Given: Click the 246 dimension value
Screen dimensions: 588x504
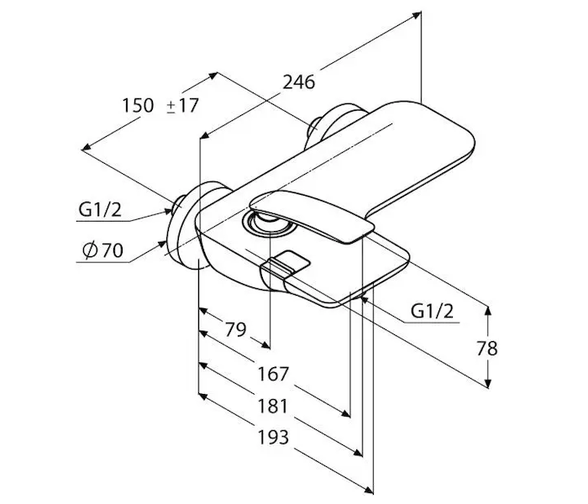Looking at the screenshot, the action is point(299,82).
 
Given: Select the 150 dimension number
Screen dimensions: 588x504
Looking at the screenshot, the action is point(138,105).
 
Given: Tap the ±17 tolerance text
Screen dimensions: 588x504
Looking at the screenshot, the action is point(182,105).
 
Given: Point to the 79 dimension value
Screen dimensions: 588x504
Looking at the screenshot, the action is point(235,329).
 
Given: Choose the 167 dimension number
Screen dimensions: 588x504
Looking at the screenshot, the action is point(273,374).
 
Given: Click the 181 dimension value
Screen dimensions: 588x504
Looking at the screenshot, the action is point(273,406).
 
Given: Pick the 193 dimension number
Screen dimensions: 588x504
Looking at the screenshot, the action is point(273,438).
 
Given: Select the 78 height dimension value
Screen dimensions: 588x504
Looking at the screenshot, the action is point(487,349).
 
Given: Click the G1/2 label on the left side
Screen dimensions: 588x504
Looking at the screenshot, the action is point(100,210).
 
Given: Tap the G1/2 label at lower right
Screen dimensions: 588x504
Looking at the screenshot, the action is point(432,311).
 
